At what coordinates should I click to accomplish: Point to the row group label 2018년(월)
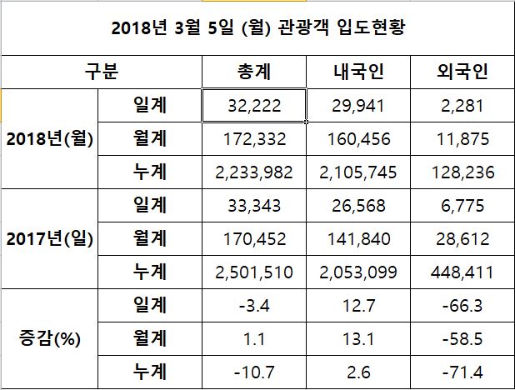click(49, 138)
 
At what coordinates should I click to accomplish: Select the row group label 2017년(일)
click(49, 239)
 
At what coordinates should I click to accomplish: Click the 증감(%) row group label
click(48, 339)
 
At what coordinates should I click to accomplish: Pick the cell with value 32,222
click(253, 106)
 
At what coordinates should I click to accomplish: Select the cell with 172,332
click(253, 138)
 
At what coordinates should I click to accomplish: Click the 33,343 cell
click(253, 206)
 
